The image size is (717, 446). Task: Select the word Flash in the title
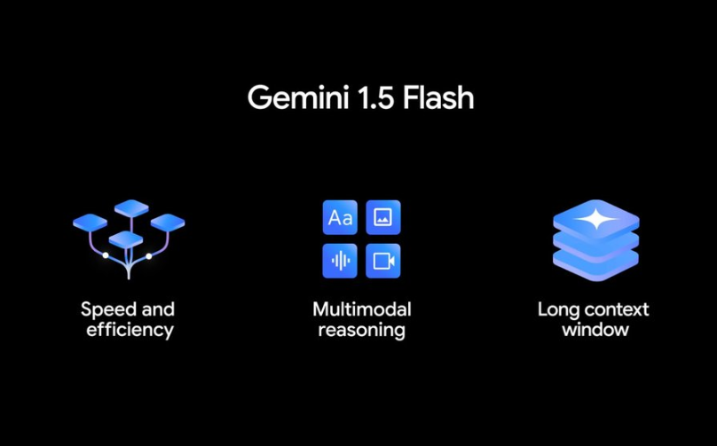(438, 98)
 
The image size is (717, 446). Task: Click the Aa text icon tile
(340, 217)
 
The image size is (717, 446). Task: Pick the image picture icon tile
(383, 217)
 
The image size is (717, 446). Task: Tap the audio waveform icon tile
(340, 261)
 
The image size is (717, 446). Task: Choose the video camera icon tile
(383, 261)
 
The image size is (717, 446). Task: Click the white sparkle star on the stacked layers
(596, 219)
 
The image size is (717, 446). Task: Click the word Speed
(108, 310)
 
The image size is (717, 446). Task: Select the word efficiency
(130, 331)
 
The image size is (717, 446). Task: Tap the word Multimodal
(362, 309)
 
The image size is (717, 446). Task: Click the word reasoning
(361, 331)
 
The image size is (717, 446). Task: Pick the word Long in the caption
(558, 310)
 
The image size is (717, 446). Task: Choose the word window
(595, 330)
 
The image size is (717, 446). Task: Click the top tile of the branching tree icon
(131, 208)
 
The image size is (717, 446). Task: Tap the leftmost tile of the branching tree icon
(91, 223)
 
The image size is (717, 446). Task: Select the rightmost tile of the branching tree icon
(168, 223)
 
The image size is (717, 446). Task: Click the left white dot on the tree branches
(106, 255)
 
